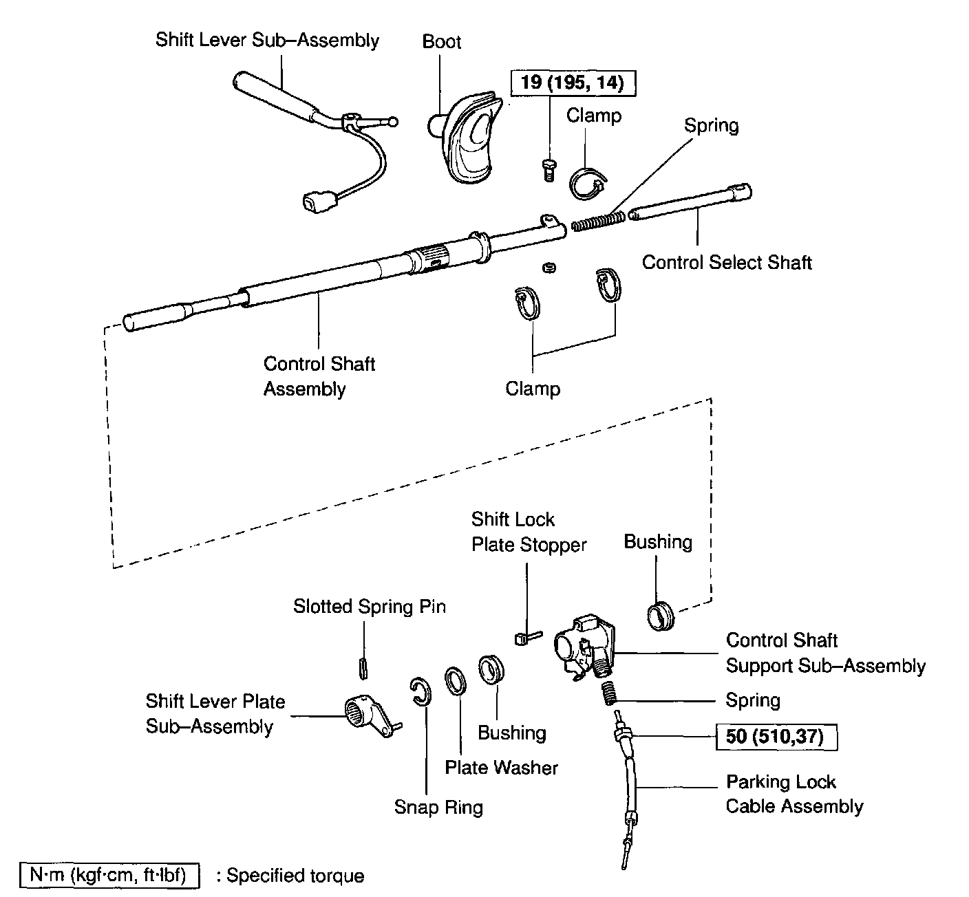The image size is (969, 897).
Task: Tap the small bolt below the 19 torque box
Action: point(548,169)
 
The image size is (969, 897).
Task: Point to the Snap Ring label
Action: point(438,807)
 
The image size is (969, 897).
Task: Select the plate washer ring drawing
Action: point(455,682)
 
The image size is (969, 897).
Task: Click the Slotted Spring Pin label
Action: point(370,607)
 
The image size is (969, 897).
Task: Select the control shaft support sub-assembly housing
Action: point(582,647)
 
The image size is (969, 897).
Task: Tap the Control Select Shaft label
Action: point(727,263)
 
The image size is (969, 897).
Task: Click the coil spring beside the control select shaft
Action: point(598,221)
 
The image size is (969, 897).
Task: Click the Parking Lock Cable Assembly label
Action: point(794,795)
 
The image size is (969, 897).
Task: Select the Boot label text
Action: point(441,42)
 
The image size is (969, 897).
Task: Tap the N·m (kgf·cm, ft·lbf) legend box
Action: point(110,875)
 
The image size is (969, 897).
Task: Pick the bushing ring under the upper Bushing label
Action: point(661,615)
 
